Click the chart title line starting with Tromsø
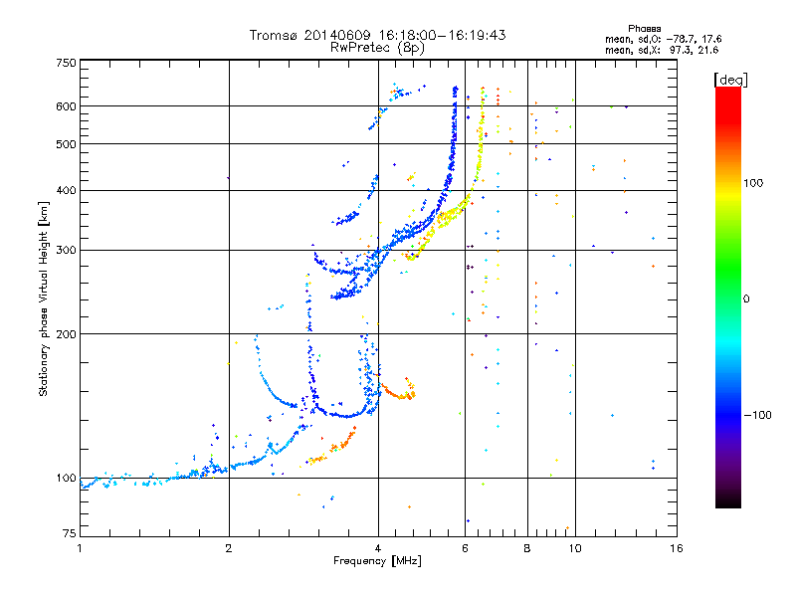(x=378, y=35)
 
